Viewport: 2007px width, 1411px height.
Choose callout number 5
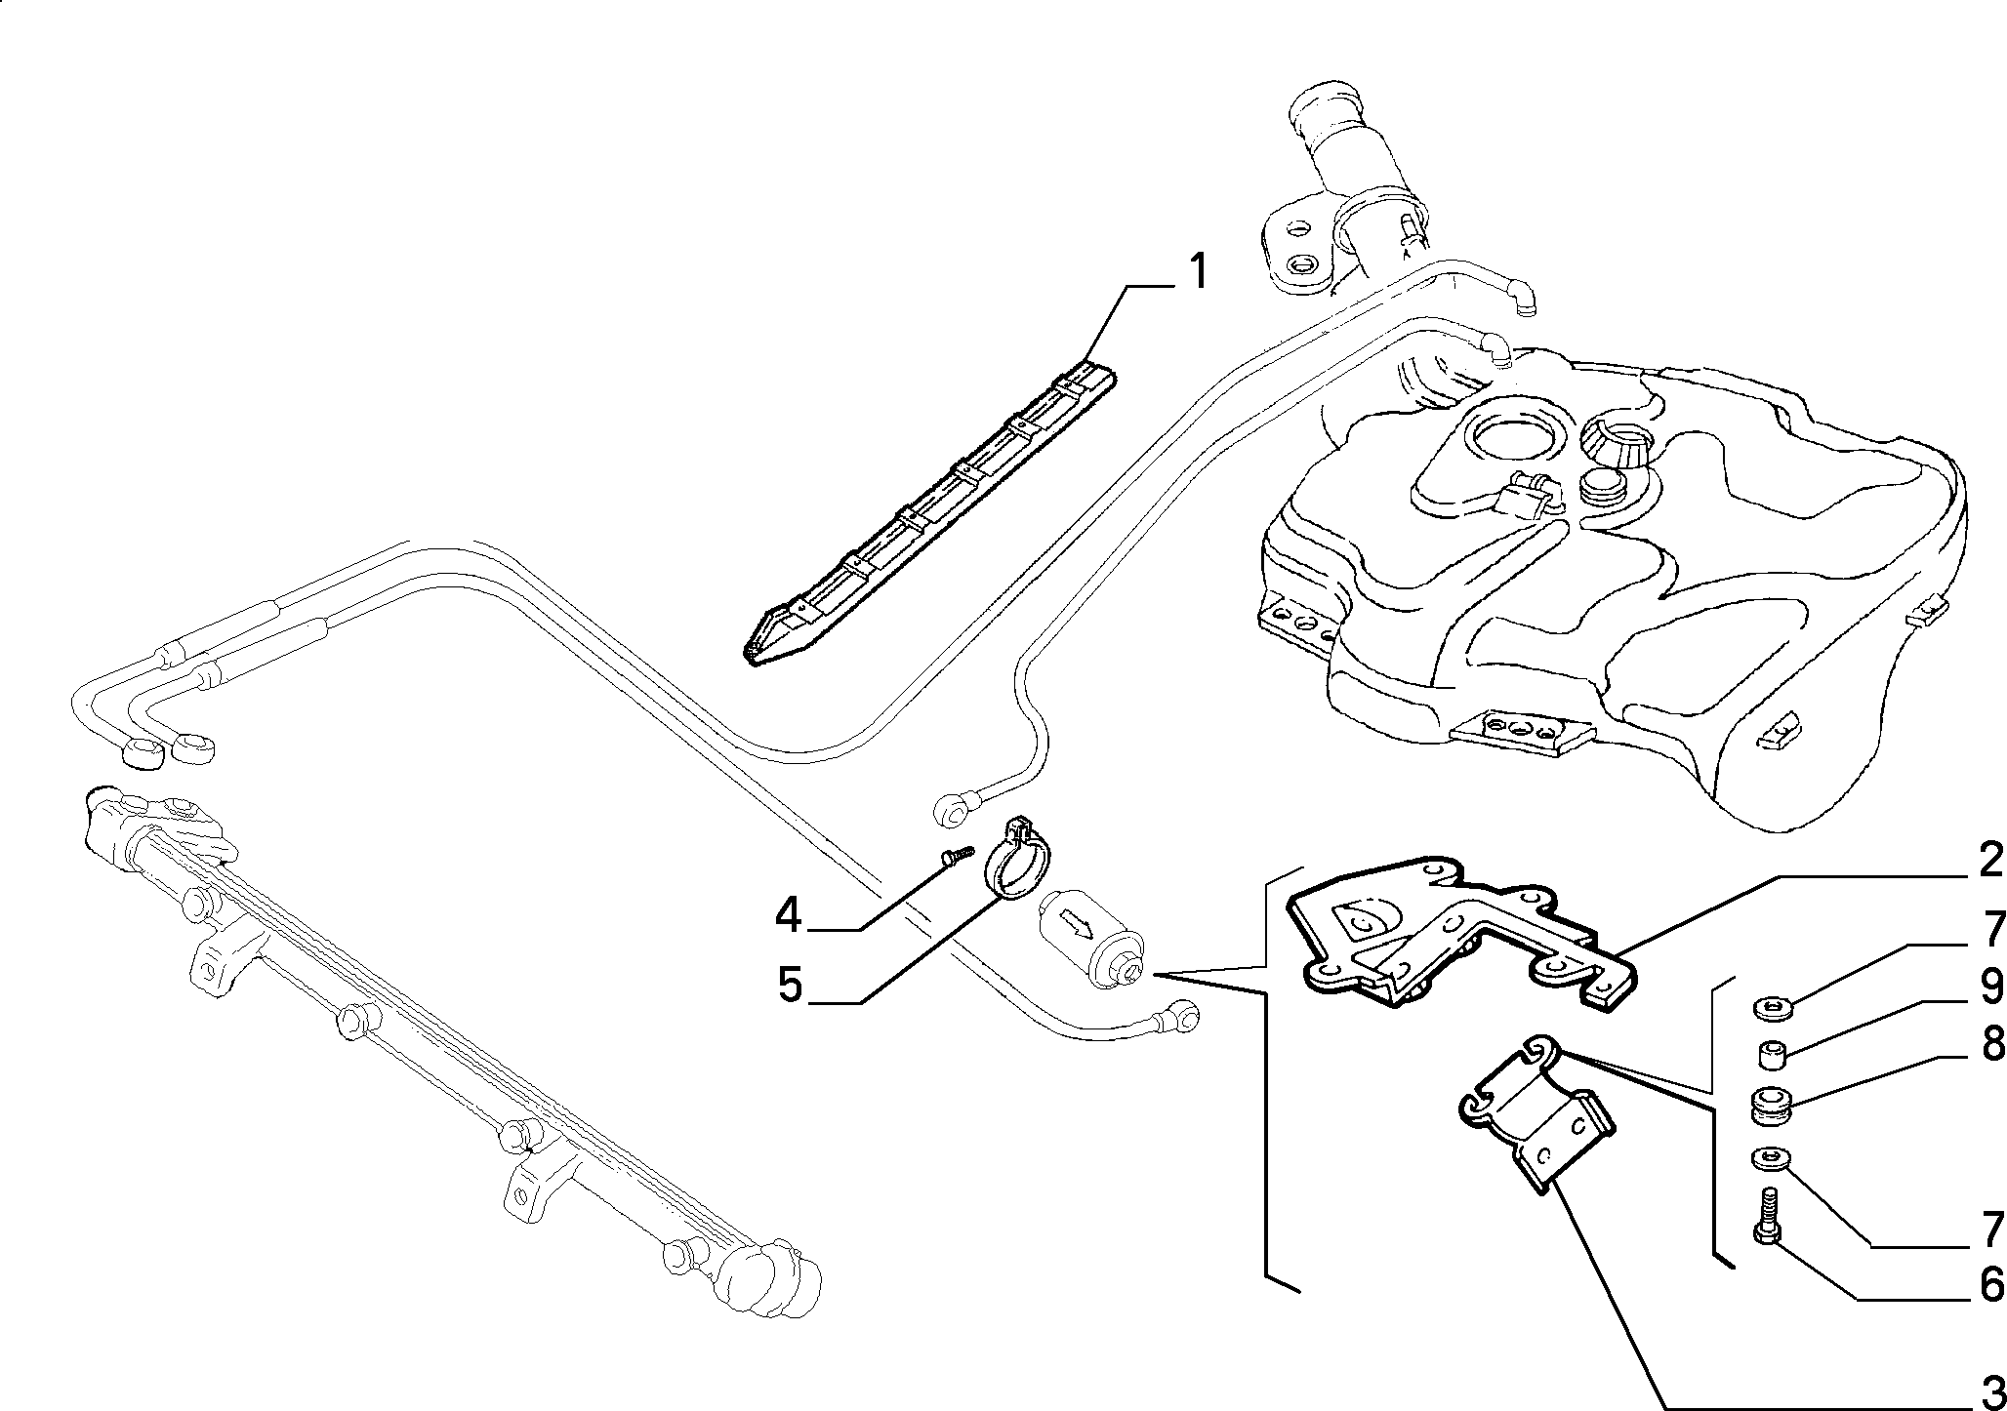tap(789, 986)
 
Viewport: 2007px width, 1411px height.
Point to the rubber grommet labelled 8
tap(1771, 1106)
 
